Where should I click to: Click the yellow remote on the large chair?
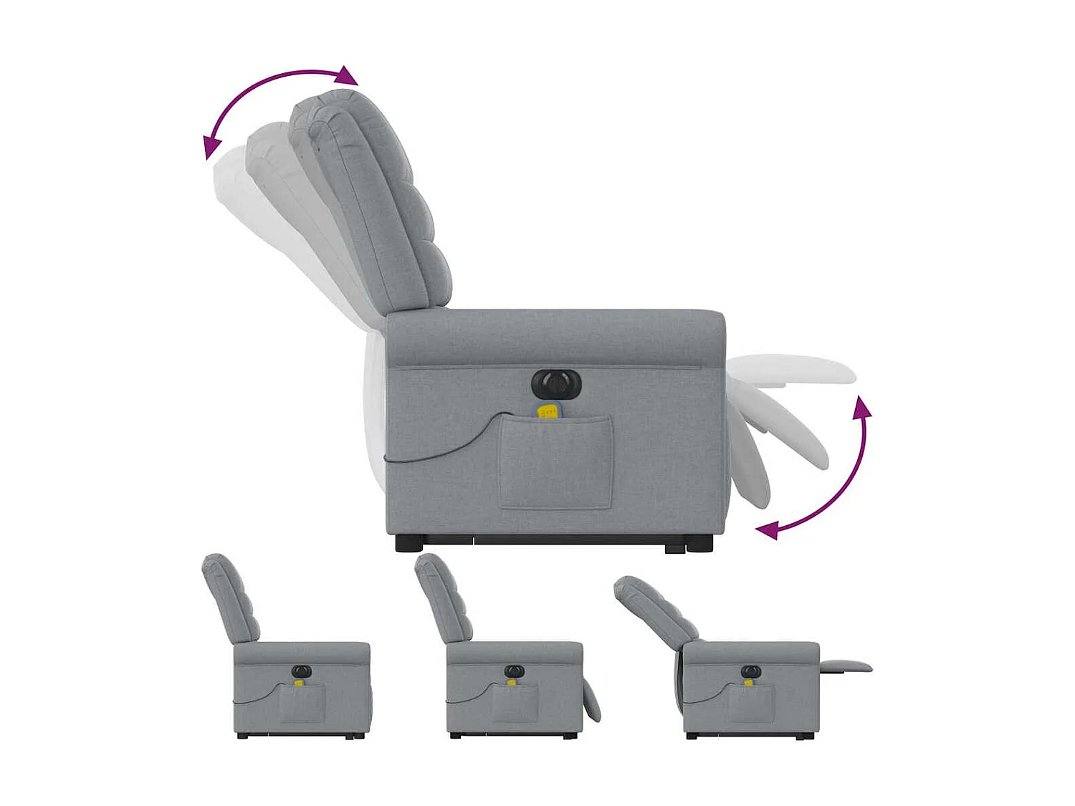coord(548,411)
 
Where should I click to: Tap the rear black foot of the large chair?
coord(410,544)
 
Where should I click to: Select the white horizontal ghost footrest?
coord(795,369)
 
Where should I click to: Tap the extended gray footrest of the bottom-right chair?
coord(846,666)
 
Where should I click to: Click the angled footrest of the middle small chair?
coord(591,701)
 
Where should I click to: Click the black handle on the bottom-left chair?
coord(302,671)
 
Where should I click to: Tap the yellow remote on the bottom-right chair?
coord(748,682)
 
